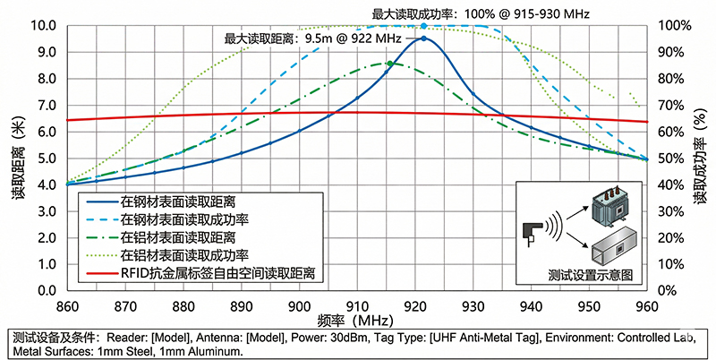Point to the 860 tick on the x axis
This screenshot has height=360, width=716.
pyautogui.click(x=67, y=305)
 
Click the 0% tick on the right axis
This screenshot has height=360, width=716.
pyautogui.click(x=666, y=291)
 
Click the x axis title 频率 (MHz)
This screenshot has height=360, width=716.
pyautogui.click(x=356, y=320)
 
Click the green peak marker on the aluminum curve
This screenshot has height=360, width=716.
pyautogui.click(x=389, y=63)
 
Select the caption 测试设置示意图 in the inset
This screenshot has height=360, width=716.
pyautogui.click(x=589, y=276)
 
